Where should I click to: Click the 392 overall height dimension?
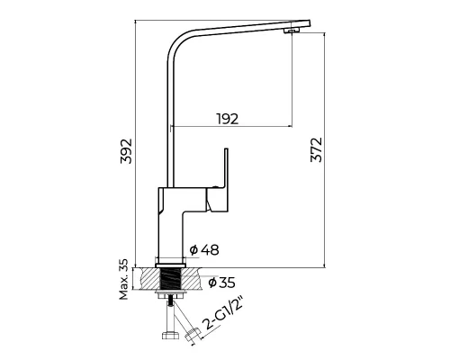pos(126,151)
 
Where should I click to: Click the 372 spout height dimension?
pos(316,150)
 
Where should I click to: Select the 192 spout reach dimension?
pos(228,119)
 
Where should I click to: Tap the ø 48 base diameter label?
pos(204,249)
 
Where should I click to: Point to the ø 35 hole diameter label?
pos(221,283)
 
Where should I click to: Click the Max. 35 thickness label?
pos(123,279)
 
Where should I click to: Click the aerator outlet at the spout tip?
pos(292,31)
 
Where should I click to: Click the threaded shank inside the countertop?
pos(171,279)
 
